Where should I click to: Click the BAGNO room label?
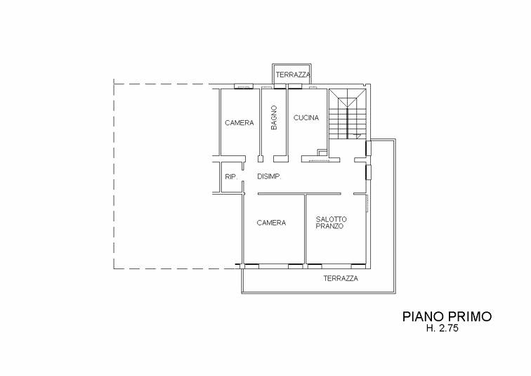(x=274, y=117)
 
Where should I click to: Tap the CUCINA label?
(x=306, y=118)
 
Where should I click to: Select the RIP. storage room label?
(x=231, y=176)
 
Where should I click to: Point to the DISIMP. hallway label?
(x=269, y=176)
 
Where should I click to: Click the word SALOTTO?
(x=331, y=219)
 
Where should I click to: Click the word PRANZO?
(x=329, y=226)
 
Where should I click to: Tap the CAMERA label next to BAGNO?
(x=240, y=122)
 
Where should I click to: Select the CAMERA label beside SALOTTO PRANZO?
(x=271, y=223)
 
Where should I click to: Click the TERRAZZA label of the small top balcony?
(x=293, y=75)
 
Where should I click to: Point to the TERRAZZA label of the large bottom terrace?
(x=341, y=278)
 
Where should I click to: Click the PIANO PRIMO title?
(x=447, y=316)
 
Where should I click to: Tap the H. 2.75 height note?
(x=442, y=328)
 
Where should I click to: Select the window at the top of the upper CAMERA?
(x=244, y=86)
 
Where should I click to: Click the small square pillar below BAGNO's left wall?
(x=261, y=159)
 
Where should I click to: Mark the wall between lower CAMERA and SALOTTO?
(x=305, y=228)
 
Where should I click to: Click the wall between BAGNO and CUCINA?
(x=287, y=122)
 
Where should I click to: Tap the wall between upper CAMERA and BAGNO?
(x=261, y=122)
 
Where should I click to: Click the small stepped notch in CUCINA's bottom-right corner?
(x=322, y=152)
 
